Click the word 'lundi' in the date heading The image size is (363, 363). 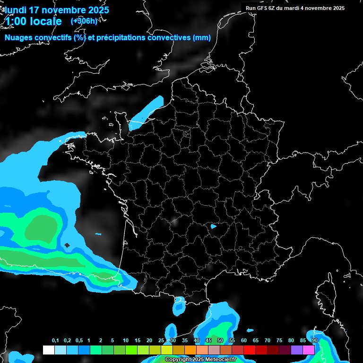[x=15, y=10]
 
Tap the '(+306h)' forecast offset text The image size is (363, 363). [x=84, y=21]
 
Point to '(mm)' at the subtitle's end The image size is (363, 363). [x=202, y=38]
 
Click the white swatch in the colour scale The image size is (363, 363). [x=48, y=350]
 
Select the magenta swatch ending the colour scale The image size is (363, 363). [x=309, y=350]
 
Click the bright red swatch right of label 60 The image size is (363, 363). [x=250, y=350]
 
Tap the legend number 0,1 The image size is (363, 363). [x=55, y=341]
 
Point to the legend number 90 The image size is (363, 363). [x=314, y=341]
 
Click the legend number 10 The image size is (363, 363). [x=125, y=341]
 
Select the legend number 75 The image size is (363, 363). [x=279, y=341]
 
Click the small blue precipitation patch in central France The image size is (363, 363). [x=213, y=226]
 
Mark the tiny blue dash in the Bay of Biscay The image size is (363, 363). [x=98, y=234]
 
